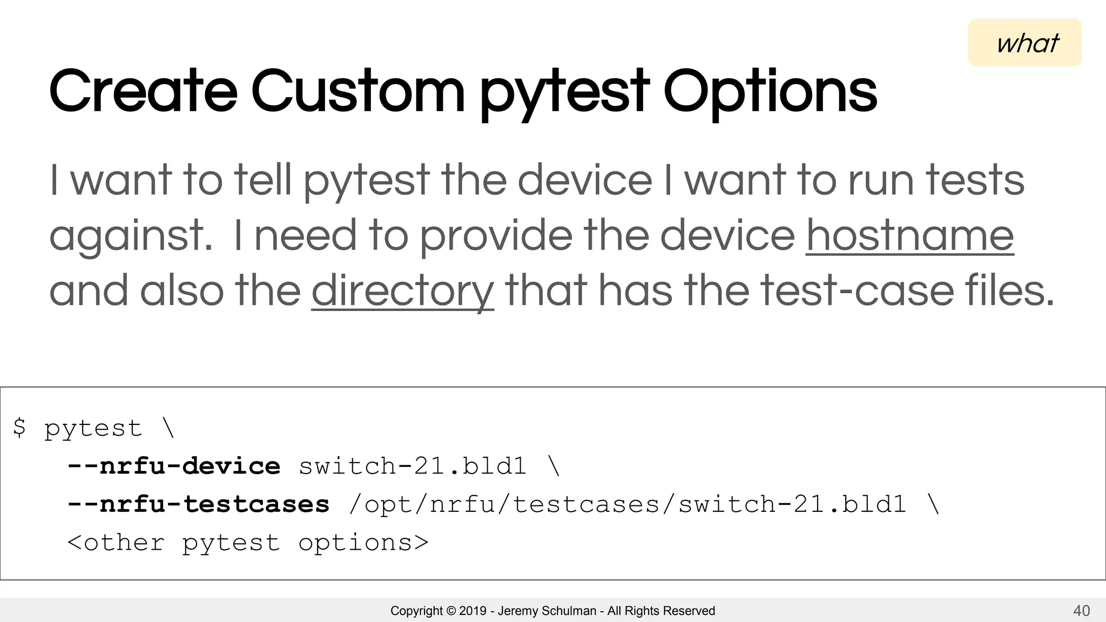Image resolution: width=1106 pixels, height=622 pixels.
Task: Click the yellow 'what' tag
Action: [x=1024, y=43]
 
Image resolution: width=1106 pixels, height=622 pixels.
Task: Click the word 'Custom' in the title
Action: [x=358, y=92]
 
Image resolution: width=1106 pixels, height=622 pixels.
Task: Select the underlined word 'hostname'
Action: [x=909, y=235]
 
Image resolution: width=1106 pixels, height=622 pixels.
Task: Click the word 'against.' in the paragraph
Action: [x=131, y=236]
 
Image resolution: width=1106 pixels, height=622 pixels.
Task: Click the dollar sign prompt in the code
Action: [x=19, y=428]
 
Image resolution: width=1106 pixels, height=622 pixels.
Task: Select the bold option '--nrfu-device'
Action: [x=173, y=466]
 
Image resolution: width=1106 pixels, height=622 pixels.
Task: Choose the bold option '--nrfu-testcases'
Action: [x=198, y=504]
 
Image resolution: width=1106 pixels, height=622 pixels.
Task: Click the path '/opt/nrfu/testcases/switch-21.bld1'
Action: [x=627, y=504]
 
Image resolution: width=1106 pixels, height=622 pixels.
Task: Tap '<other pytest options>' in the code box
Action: [x=248, y=543]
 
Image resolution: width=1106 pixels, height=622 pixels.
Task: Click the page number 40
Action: [x=1081, y=611]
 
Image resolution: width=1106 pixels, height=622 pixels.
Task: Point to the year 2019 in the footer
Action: [x=473, y=611]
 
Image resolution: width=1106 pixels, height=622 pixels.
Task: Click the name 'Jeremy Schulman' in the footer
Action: [x=547, y=611]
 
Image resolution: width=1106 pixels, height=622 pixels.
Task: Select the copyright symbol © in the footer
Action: [x=450, y=611]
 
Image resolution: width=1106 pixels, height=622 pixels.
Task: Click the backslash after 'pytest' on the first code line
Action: [x=168, y=428]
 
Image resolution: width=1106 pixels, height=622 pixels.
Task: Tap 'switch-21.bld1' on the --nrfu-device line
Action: [x=413, y=466]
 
